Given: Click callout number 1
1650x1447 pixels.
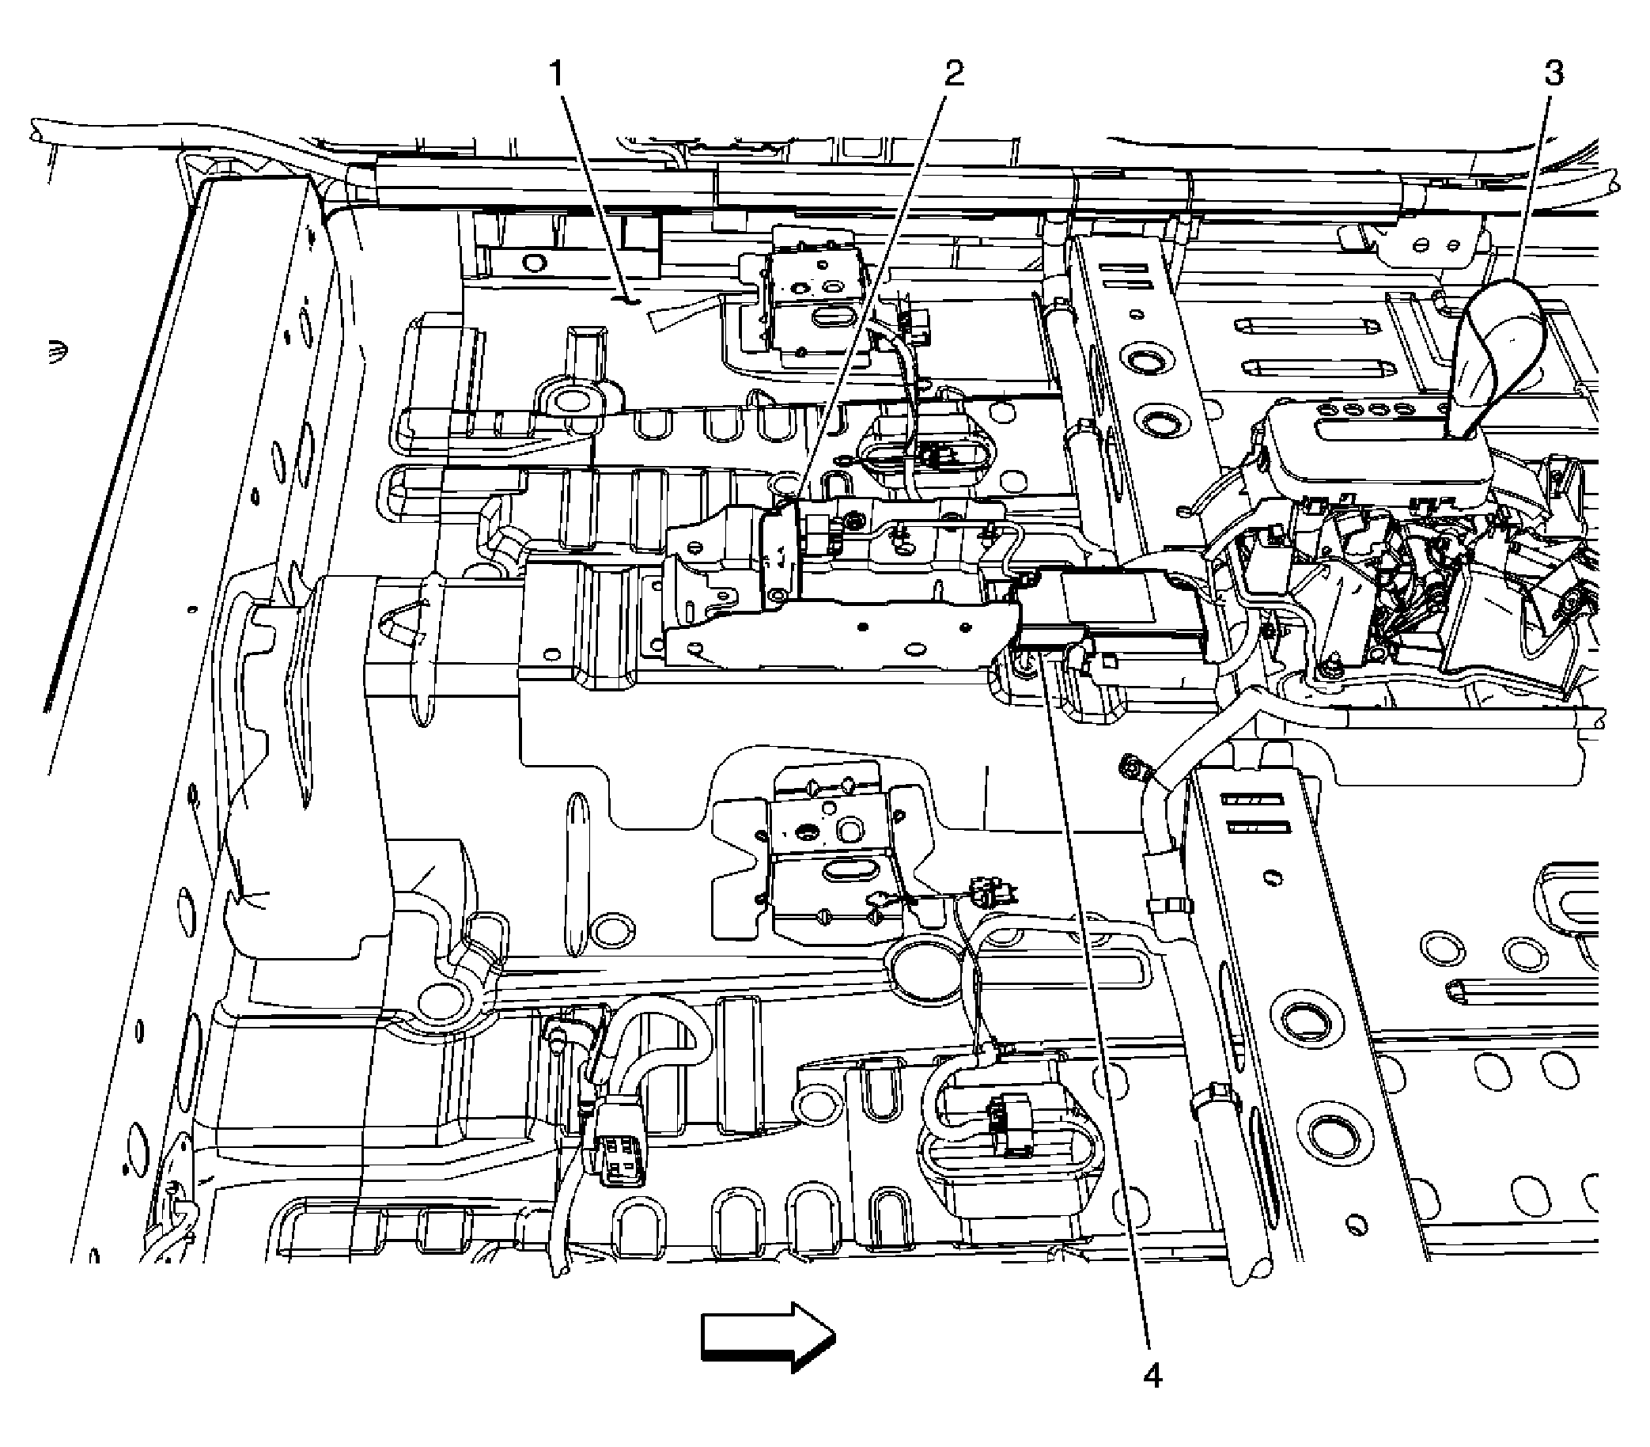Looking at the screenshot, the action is coord(556,75).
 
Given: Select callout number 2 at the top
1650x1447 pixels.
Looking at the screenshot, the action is coord(953,74).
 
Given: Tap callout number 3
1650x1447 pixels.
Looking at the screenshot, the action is coord(1553,74).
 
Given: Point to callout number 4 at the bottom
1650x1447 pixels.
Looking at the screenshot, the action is coord(1152,1375).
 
